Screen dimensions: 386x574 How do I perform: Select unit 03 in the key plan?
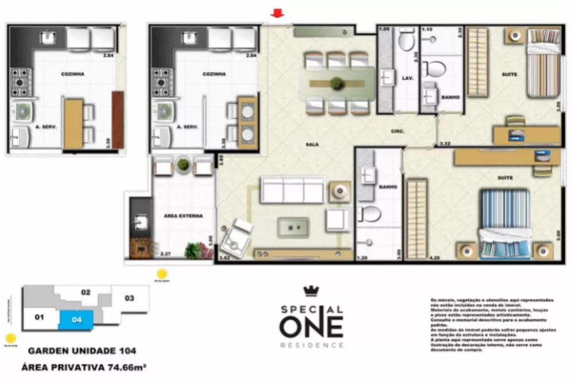129,298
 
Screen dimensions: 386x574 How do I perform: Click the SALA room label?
312,145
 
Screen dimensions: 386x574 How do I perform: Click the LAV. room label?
409,77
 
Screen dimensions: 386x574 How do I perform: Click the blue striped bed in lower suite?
505,224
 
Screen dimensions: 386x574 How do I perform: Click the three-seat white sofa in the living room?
292,190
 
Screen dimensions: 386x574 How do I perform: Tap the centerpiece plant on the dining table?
337,84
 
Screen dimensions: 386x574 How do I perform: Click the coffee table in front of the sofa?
293,227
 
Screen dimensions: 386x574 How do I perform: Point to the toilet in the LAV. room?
406,40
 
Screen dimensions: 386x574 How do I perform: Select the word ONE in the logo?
311,326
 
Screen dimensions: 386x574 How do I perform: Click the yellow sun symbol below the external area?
162,274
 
